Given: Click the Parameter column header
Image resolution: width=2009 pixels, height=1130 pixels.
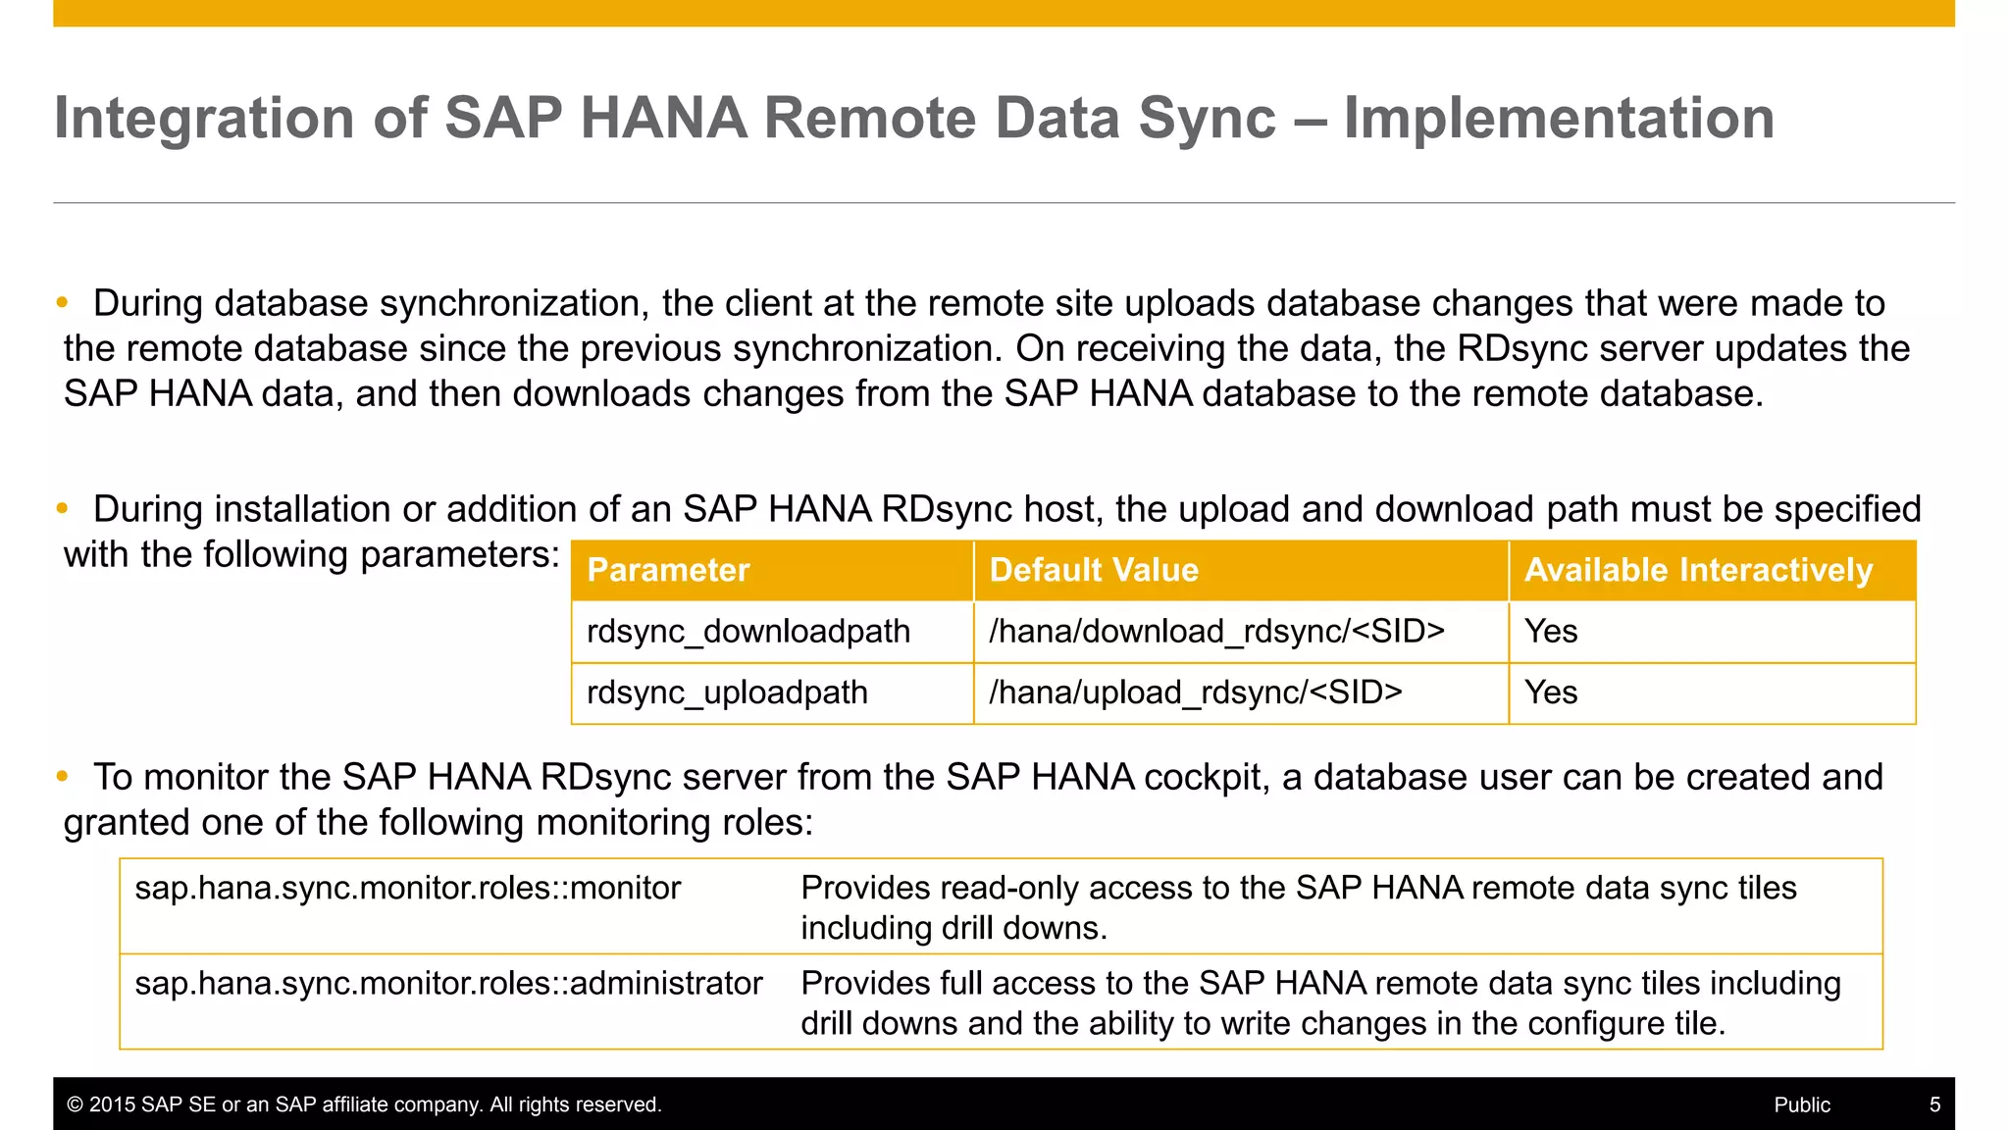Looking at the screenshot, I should coord(668,570).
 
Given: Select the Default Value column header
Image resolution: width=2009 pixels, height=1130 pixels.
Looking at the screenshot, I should coord(1094,570).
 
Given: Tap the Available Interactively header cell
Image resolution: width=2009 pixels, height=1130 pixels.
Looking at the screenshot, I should coord(1698,570).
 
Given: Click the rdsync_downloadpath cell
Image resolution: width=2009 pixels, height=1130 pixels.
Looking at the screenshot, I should coord(748,632).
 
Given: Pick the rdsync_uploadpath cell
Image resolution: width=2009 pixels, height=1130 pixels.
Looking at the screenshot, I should coord(727,693).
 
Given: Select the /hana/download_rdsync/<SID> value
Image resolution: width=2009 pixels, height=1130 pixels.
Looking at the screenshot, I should coord(1216,632).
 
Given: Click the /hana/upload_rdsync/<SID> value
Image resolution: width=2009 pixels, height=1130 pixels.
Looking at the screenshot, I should coord(1195,693).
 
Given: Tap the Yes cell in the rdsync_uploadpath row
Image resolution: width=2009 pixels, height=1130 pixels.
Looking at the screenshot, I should coord(1551,693).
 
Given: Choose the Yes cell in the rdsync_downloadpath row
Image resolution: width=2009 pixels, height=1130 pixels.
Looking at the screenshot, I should coord(1551,632).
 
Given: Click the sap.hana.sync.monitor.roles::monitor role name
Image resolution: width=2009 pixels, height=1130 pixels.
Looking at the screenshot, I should coord(407,889).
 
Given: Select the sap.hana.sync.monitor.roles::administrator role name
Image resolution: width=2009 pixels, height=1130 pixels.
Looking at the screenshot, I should coord(448,984).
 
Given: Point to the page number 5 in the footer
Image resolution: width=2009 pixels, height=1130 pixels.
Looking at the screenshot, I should coord(1934,1104).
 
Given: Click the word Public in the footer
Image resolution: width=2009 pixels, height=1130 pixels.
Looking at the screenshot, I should coord(1802,1104).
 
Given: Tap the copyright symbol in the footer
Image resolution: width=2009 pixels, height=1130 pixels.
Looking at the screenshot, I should coord(75,1104).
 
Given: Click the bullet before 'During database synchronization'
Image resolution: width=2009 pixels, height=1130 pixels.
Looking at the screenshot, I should coord(63,303).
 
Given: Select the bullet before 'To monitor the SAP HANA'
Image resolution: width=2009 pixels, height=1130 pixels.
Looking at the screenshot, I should coord(63,777).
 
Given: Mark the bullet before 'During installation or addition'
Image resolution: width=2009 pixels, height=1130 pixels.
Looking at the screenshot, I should coord(63,509).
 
